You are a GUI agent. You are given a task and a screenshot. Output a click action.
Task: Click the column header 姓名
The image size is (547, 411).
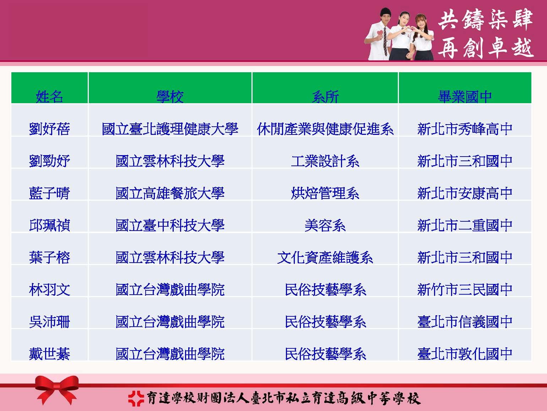(49, 96)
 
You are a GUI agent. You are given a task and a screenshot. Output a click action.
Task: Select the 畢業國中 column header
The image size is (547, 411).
(465, 96)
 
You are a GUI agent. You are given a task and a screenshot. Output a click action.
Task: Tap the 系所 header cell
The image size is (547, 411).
(325, 96)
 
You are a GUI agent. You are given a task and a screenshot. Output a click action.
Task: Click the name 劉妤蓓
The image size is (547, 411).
(49, 129)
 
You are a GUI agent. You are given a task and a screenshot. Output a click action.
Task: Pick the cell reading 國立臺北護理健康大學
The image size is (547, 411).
(170, 129)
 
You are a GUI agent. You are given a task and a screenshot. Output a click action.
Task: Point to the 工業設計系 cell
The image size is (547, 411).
(325, 161)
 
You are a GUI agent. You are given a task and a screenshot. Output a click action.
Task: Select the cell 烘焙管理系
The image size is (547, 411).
(325, 193)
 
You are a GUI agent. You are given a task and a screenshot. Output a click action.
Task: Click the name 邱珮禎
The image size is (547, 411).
(49, 225)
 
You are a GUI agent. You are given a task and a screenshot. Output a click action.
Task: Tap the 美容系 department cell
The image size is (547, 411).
(325, 225)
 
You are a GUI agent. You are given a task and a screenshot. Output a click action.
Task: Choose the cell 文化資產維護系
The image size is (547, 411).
(325, 257)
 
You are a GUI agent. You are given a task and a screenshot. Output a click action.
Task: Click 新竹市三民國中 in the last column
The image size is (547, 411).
(465, 289)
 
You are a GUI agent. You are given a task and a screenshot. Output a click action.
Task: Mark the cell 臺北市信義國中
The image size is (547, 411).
(465, 322)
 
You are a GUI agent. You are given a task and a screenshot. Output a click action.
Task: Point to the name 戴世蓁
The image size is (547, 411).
(49, 354)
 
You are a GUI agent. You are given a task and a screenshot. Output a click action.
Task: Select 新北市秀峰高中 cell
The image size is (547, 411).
(465, 129)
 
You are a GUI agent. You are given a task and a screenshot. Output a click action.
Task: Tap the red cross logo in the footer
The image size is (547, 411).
(136, 398)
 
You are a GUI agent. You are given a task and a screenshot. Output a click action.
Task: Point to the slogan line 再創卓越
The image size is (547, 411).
(486, 48)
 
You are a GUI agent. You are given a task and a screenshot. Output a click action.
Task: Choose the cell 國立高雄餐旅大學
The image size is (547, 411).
(170, 193)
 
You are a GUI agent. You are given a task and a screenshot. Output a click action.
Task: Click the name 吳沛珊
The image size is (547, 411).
(49, 322)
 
